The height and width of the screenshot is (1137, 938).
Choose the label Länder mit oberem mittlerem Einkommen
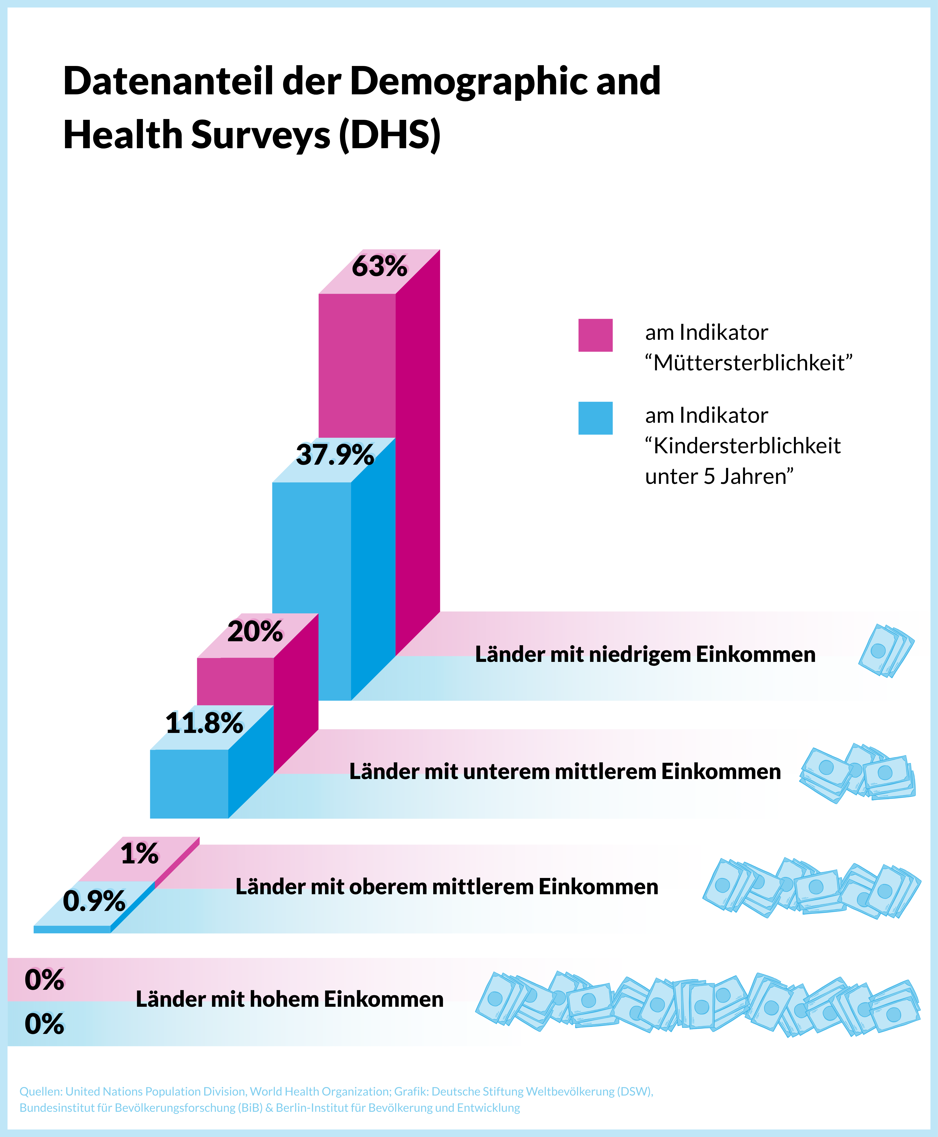click(x=447, y=886)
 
